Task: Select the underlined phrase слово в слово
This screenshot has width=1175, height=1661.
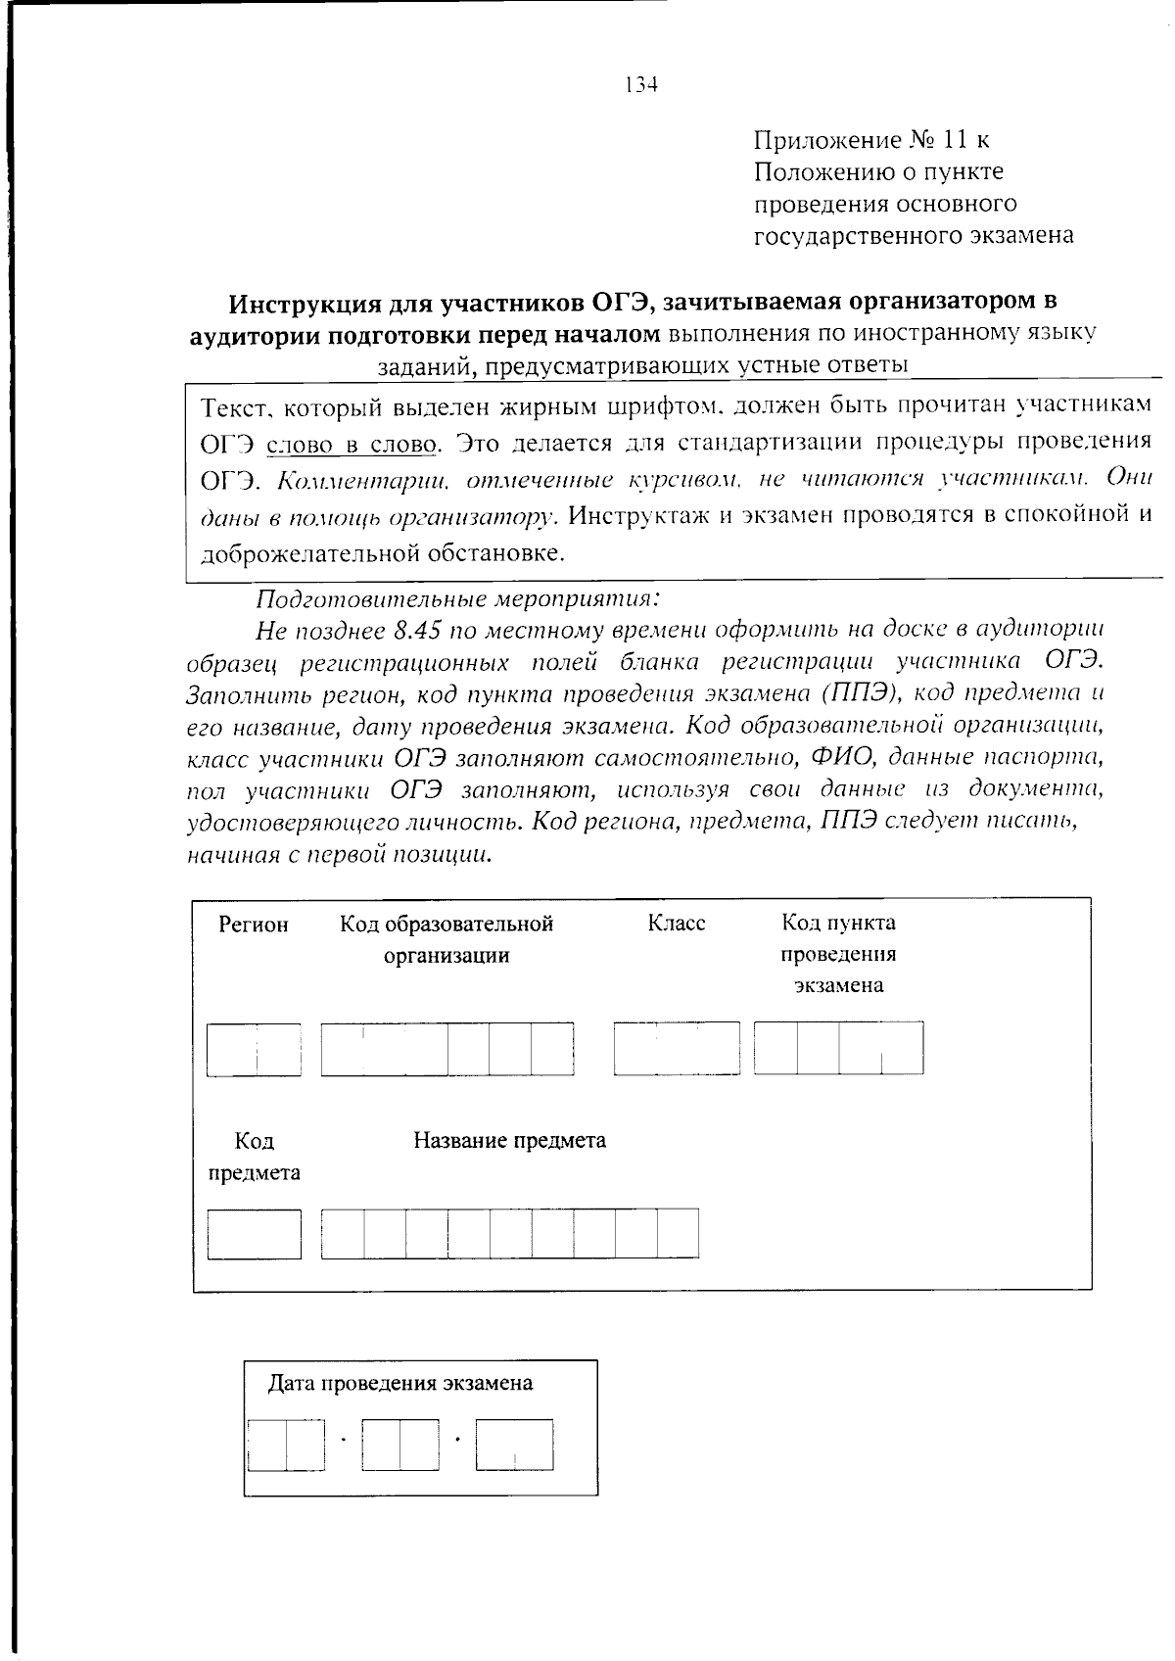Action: tap(352, 445)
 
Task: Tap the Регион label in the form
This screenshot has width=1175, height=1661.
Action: tap(254, 925)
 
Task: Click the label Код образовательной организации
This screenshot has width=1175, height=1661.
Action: tap(446, 938)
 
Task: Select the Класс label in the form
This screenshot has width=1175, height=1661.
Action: tap(677, 924)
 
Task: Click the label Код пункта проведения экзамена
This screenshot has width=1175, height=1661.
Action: tap(838, 953)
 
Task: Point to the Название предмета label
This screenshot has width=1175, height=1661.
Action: tap(509, 1140)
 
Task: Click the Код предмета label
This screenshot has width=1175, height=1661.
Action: tap(254, 1157)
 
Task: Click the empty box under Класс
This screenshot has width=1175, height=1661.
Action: tap(677, 1048)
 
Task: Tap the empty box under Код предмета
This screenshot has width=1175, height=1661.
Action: tap(254, 1234)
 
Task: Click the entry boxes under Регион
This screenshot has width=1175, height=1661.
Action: tap(254, 1050)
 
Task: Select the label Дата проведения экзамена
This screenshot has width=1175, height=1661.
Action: tap(400, 1383)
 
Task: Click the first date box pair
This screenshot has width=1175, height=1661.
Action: tap(286, 1445)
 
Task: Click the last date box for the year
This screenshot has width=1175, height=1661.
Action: tap(514, 1445)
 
